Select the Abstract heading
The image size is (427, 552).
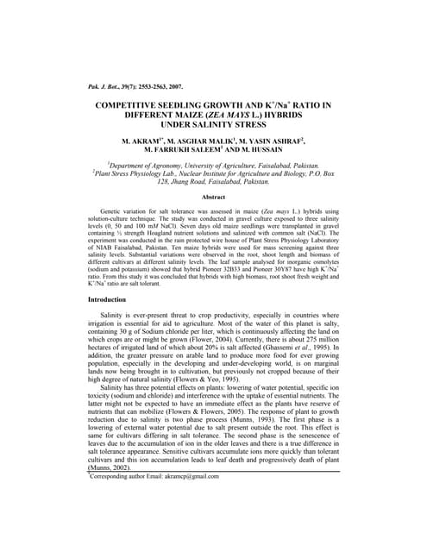[x=213, y=197]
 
